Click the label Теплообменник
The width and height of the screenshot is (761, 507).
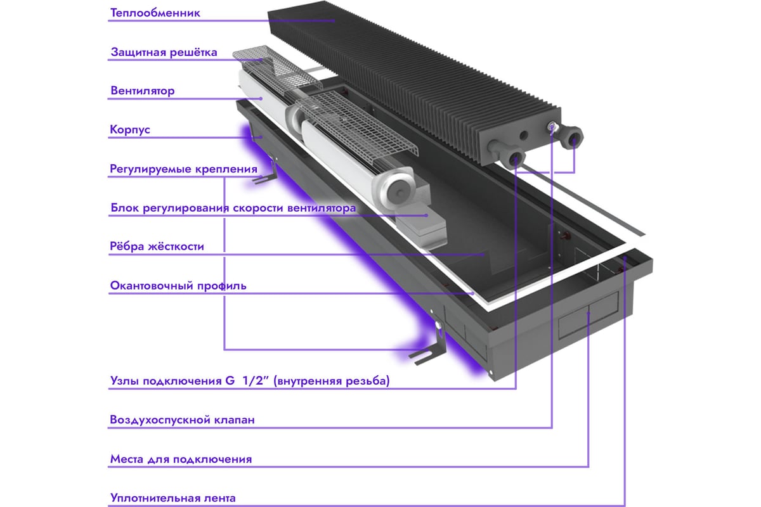click(155, 13)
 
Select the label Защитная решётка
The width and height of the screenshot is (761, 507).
click(164, 52)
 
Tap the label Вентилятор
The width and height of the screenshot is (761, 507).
click(142, 91)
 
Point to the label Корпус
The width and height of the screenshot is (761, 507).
click(130, 130)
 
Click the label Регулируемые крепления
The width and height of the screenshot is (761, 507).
click(183, 169)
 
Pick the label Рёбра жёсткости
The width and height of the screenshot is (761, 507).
click(157, 247)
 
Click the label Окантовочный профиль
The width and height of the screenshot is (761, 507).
click(178, 286)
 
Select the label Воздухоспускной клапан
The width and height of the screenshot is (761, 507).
click(183, 420)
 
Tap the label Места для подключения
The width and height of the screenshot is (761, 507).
click(181, 459)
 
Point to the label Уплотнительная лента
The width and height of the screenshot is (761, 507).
click(172, 498)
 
